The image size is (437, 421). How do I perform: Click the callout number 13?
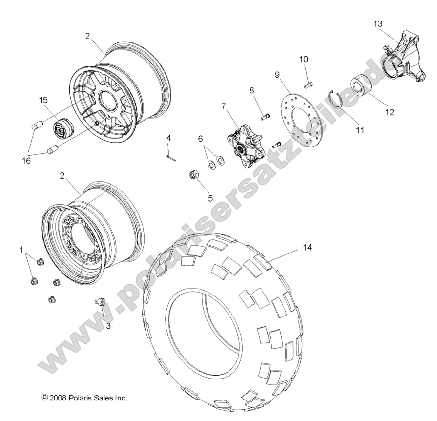coord(378,23)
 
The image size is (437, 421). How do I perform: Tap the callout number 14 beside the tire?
coord(307,247)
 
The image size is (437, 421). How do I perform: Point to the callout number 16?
coord(26,160)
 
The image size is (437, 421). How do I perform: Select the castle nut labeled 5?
coord(193,176)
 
